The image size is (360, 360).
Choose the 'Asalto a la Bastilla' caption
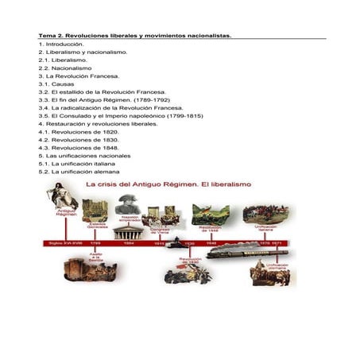tap(95, 257)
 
